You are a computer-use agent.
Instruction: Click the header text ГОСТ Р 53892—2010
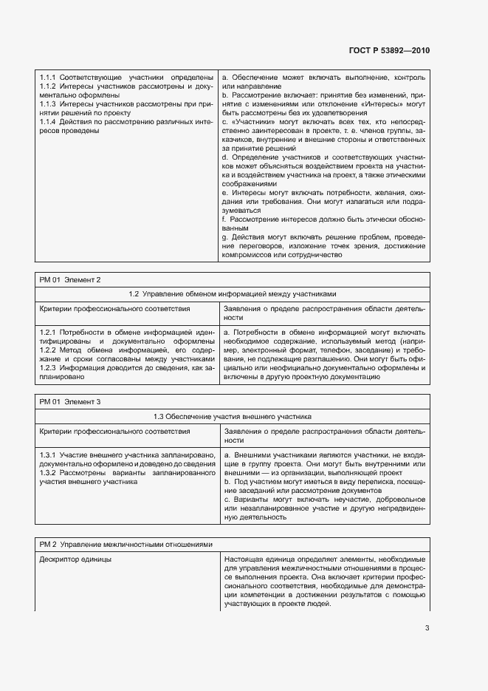click(x=388, y=50)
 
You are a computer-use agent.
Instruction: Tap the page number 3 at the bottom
click(x=427, y=628)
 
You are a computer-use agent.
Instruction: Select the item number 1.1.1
click(x=48, y=77)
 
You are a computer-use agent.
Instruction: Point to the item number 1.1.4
click(x=48, y=121)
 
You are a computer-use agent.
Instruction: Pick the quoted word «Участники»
click(x=254, y=121)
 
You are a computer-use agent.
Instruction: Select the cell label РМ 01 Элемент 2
click(x=70, y=280)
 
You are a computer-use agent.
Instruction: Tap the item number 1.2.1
click(x=48, y=333)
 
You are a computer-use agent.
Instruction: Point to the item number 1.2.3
click(x=48, y=367)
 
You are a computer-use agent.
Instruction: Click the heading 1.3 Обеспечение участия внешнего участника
click(x=232, y=416)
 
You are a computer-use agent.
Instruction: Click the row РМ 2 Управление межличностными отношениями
click(x=126, y=544)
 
